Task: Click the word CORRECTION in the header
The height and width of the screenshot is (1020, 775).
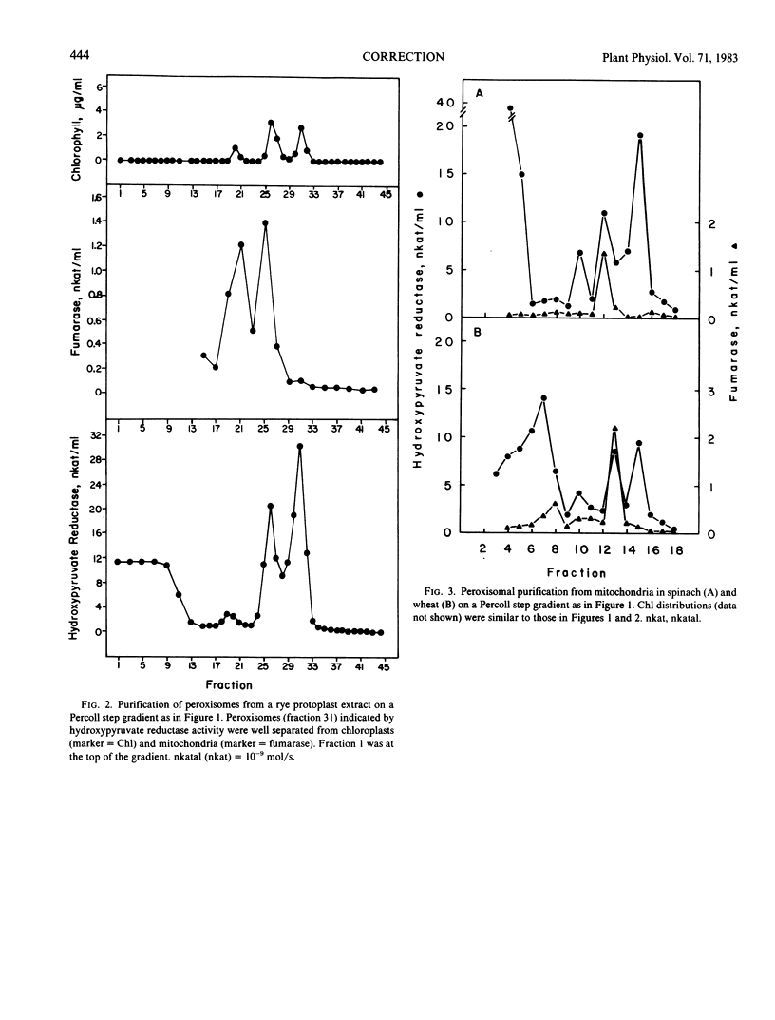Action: [404, 57]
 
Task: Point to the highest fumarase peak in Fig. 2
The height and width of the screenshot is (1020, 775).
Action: [265, 222]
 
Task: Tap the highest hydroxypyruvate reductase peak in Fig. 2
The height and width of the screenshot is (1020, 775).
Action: [300, 446]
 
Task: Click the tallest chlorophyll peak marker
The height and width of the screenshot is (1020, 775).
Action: [272, 123]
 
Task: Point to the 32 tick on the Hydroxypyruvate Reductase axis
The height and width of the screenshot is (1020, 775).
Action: [93, 433]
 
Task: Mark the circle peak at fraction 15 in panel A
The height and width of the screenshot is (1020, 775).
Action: [640, 136]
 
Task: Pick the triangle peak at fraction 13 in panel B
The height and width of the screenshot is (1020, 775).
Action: [615, 429]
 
